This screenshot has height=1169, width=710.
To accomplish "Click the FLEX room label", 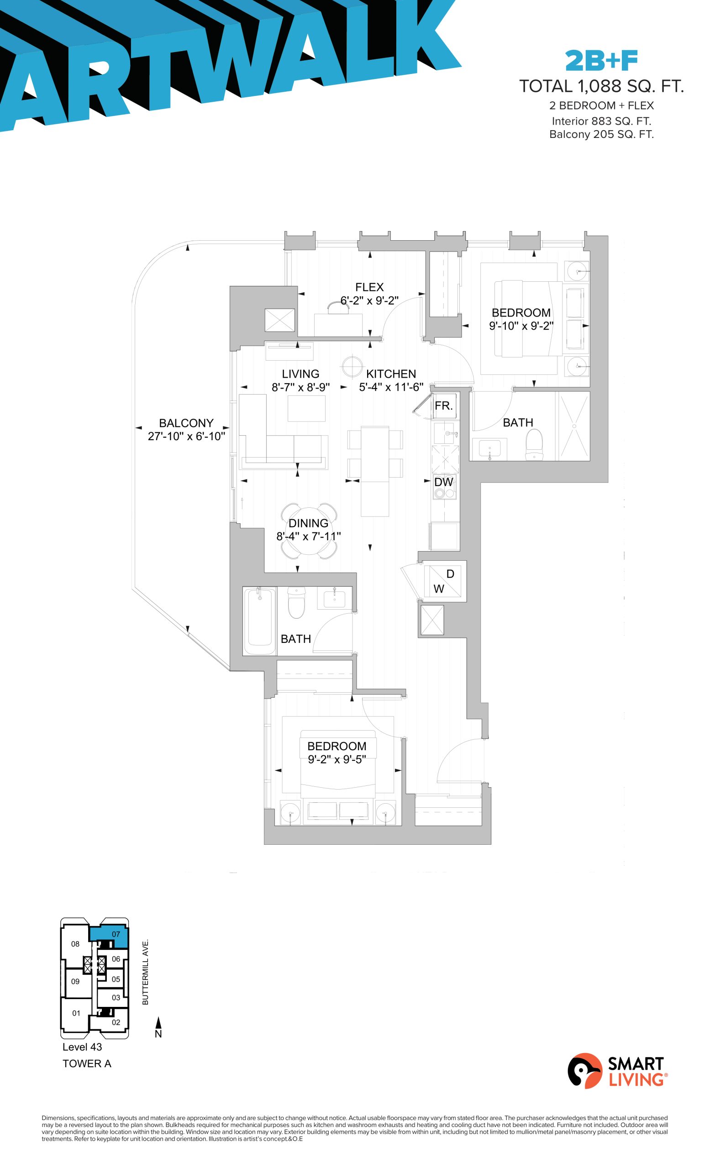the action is [369, 287].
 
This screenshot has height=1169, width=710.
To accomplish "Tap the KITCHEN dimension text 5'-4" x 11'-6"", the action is [391, 387].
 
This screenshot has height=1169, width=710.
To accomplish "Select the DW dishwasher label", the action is [443, 482].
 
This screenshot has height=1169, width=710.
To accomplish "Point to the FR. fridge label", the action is [443, 405].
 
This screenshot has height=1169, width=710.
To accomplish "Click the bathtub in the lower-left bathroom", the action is [259, 621].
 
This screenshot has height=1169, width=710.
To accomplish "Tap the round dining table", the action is [309, 531].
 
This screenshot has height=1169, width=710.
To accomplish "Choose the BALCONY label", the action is [186, 423].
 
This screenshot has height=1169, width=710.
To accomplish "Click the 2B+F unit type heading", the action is [601, 61].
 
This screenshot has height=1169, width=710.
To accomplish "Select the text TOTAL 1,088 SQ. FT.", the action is [601, 86].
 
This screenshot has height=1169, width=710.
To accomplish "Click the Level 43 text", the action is [82, 1047].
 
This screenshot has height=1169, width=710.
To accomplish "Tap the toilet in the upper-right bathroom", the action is [534, 445].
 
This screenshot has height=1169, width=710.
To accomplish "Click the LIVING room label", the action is [300, 374].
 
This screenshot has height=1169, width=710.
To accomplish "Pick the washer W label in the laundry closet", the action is [439, 589].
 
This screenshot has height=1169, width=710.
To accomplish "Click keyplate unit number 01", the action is [76, 1013].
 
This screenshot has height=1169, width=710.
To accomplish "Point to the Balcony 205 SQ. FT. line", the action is [601, 135].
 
